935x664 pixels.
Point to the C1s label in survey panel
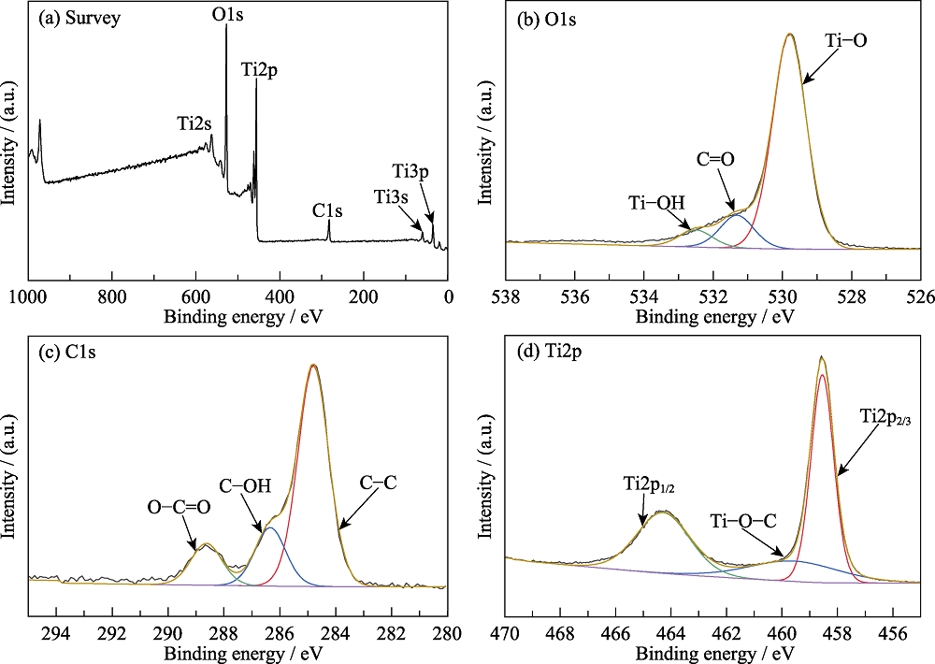click(x=327, y=211)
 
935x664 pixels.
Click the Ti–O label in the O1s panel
click(x=845, y=41)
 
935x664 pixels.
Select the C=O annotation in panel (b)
click(x=714, y=159)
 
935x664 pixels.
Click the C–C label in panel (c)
click(x=379, y=483)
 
